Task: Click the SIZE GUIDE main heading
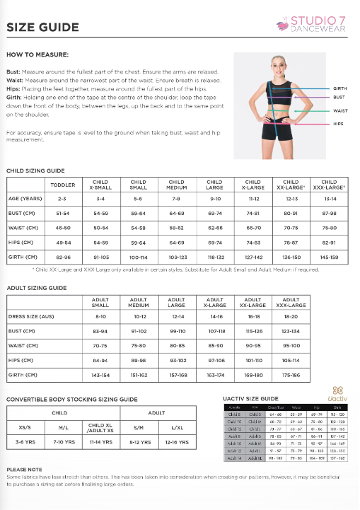(x=42, y=28)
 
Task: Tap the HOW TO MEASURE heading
(x=37, y=54)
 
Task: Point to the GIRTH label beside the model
(x=339, y=88)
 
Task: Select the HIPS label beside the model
(x=338, y=124)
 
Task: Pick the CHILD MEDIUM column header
(x=176, y=185)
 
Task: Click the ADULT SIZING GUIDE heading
(x=36, y=289)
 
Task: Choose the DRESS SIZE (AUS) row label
(x=32, y=316)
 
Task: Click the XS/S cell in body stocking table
(x=25, y=427)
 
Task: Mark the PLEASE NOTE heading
(x=24, y=469)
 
